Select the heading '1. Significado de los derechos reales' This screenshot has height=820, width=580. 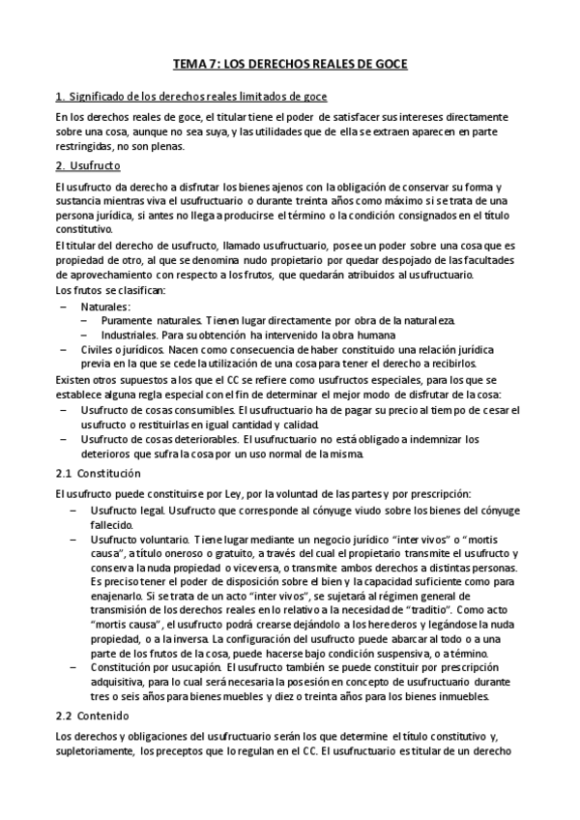pyautogui.click(x=191, y=97)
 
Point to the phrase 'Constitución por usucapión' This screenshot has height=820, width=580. pyautogui.click(x=155, y=666)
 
